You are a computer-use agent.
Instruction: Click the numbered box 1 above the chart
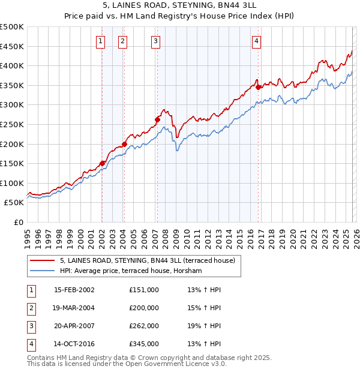100,41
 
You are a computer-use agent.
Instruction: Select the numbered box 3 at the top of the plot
155,41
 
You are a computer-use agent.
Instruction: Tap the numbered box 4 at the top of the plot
256,41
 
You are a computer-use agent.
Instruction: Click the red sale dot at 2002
103,163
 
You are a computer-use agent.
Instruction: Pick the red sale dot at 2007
157,119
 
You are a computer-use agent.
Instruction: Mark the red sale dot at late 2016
258,87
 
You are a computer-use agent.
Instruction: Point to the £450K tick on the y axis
12,46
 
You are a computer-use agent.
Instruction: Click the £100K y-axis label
12,183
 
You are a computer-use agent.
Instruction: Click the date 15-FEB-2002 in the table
74,290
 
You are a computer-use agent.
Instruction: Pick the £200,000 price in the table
143,308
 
